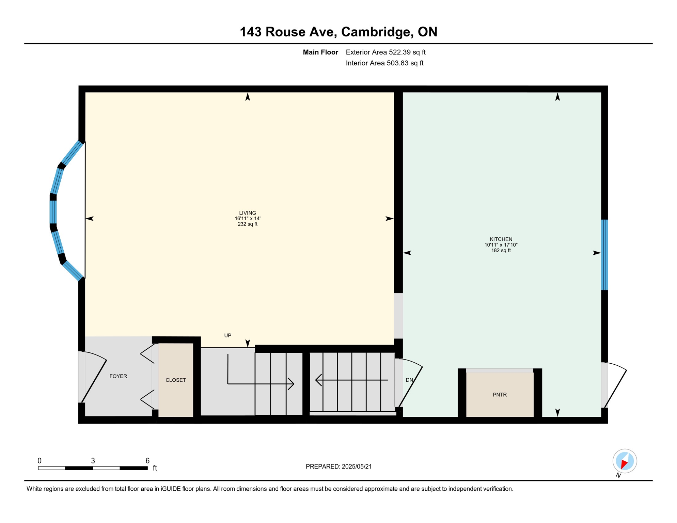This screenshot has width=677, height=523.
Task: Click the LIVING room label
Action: pos(247,213)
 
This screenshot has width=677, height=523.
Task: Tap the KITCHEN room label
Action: pos(501,239)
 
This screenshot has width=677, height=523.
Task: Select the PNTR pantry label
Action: pos(500,395)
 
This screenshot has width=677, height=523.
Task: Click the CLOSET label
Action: pos(175,380)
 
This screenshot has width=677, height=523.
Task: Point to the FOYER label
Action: pos(118,376)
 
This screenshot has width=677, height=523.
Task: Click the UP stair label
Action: pos(228,335)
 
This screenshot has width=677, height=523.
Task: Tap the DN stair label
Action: pos(409,380)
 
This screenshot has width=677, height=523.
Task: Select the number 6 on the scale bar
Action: pos(147,460)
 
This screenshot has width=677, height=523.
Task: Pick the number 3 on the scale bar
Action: pos(93,460)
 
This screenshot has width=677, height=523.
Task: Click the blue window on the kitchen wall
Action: pos(604,255)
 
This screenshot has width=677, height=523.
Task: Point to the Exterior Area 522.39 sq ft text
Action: pos(385,52)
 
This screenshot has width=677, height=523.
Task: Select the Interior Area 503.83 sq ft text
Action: pos(384,63)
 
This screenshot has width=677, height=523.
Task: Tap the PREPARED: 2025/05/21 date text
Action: pos(338,466)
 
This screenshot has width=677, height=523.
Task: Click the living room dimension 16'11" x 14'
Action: pos(247,219)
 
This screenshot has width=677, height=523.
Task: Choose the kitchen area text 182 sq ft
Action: pos(501,250)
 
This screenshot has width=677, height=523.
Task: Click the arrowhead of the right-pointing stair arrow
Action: pos(292,384)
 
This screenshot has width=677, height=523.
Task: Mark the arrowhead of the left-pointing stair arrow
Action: pos(318,380)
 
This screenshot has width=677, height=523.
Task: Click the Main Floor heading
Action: pos(320,52)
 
